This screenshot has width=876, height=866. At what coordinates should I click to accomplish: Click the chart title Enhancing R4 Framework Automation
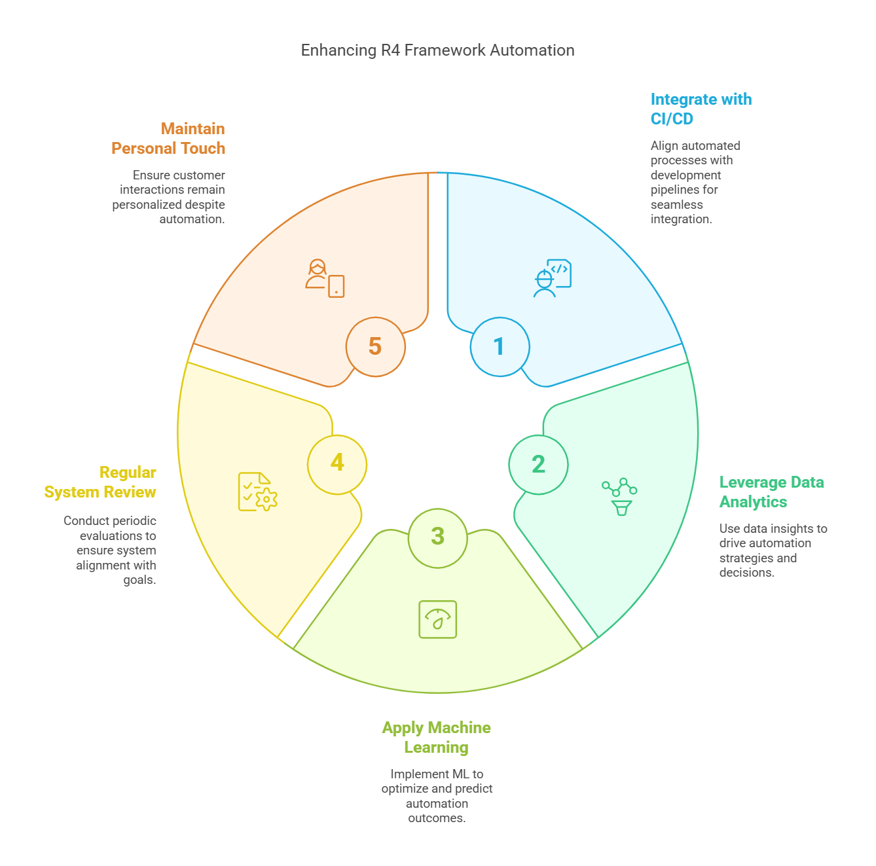tap(437, 50)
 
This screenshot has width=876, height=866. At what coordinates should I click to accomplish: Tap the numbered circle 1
tap(500, 347)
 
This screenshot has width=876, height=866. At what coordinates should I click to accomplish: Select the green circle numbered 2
tap(538, 465)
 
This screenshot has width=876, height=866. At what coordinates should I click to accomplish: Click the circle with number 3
tap(438, 538)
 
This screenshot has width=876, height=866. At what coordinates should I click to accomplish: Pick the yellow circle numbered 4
tap(337, 465)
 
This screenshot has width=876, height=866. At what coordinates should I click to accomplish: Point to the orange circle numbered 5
tap(376, 347)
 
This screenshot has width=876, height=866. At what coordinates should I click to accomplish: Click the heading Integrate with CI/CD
tap(701, 109)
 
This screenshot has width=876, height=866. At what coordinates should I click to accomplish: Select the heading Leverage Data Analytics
tap(771, 492)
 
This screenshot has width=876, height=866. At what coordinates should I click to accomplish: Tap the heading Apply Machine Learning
tap(437, 737)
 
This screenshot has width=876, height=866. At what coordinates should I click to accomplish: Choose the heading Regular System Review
tap(100, 482)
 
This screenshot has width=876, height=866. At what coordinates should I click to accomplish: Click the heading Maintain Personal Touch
tap(168, 139)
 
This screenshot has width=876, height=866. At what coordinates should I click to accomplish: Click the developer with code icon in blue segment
tap(553, 278)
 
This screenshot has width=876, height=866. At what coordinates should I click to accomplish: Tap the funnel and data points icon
tap(619, 496)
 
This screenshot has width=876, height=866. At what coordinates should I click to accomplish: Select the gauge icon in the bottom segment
tap(438, 619)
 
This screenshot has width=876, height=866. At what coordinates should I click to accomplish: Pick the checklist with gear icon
tap(258, 492)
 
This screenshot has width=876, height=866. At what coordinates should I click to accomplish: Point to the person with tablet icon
tap(325, 278)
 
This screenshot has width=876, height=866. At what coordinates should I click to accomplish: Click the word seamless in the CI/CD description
tap(676, 205)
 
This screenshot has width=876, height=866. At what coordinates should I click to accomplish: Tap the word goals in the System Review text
tap(139, 580)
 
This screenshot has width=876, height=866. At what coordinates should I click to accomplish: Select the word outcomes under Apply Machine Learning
tap(437, 818)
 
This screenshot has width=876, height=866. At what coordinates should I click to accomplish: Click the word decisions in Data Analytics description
tap(746, 572)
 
